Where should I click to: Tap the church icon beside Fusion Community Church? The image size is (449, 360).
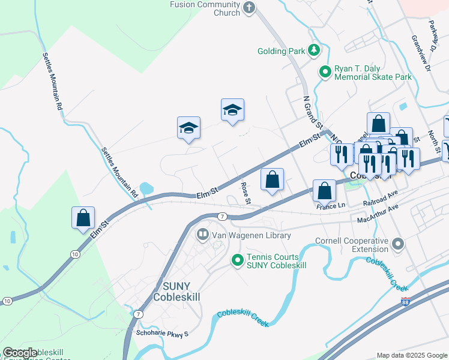(x=250, y=8)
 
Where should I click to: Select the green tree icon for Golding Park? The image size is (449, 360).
(x=313, y=51)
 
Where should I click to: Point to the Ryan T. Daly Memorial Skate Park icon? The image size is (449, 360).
(x=325, y=73)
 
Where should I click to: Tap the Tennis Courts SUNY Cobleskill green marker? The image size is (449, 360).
(x=238, y=260)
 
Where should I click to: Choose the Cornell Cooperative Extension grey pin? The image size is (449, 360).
(x=397, y=244)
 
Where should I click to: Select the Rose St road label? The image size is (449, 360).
(x=245, y=193)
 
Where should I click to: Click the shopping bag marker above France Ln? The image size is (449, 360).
(x=324, y=191)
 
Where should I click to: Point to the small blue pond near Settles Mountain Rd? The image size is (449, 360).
(x=146, y=188)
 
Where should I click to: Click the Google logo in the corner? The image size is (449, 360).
(x=20, y=353)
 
